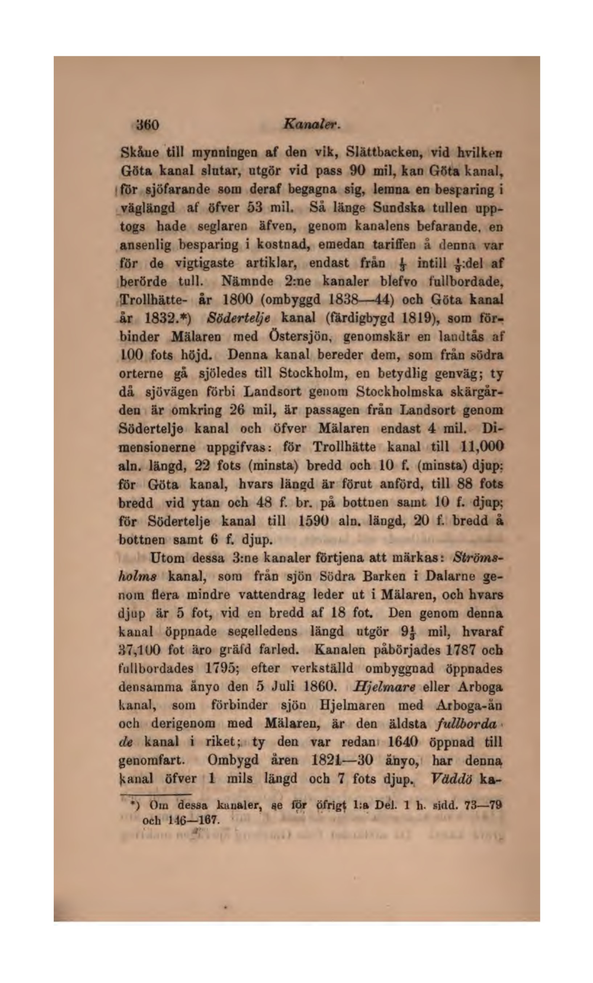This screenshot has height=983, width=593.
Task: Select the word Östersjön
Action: pos(302,337)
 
